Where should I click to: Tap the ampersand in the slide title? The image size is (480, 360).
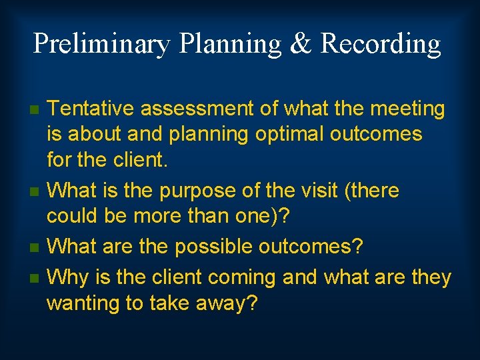(301, 44)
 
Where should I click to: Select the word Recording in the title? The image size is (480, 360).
(381, 44)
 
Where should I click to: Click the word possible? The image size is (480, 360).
(216, 247)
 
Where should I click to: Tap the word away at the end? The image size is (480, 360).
(225, 303)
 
